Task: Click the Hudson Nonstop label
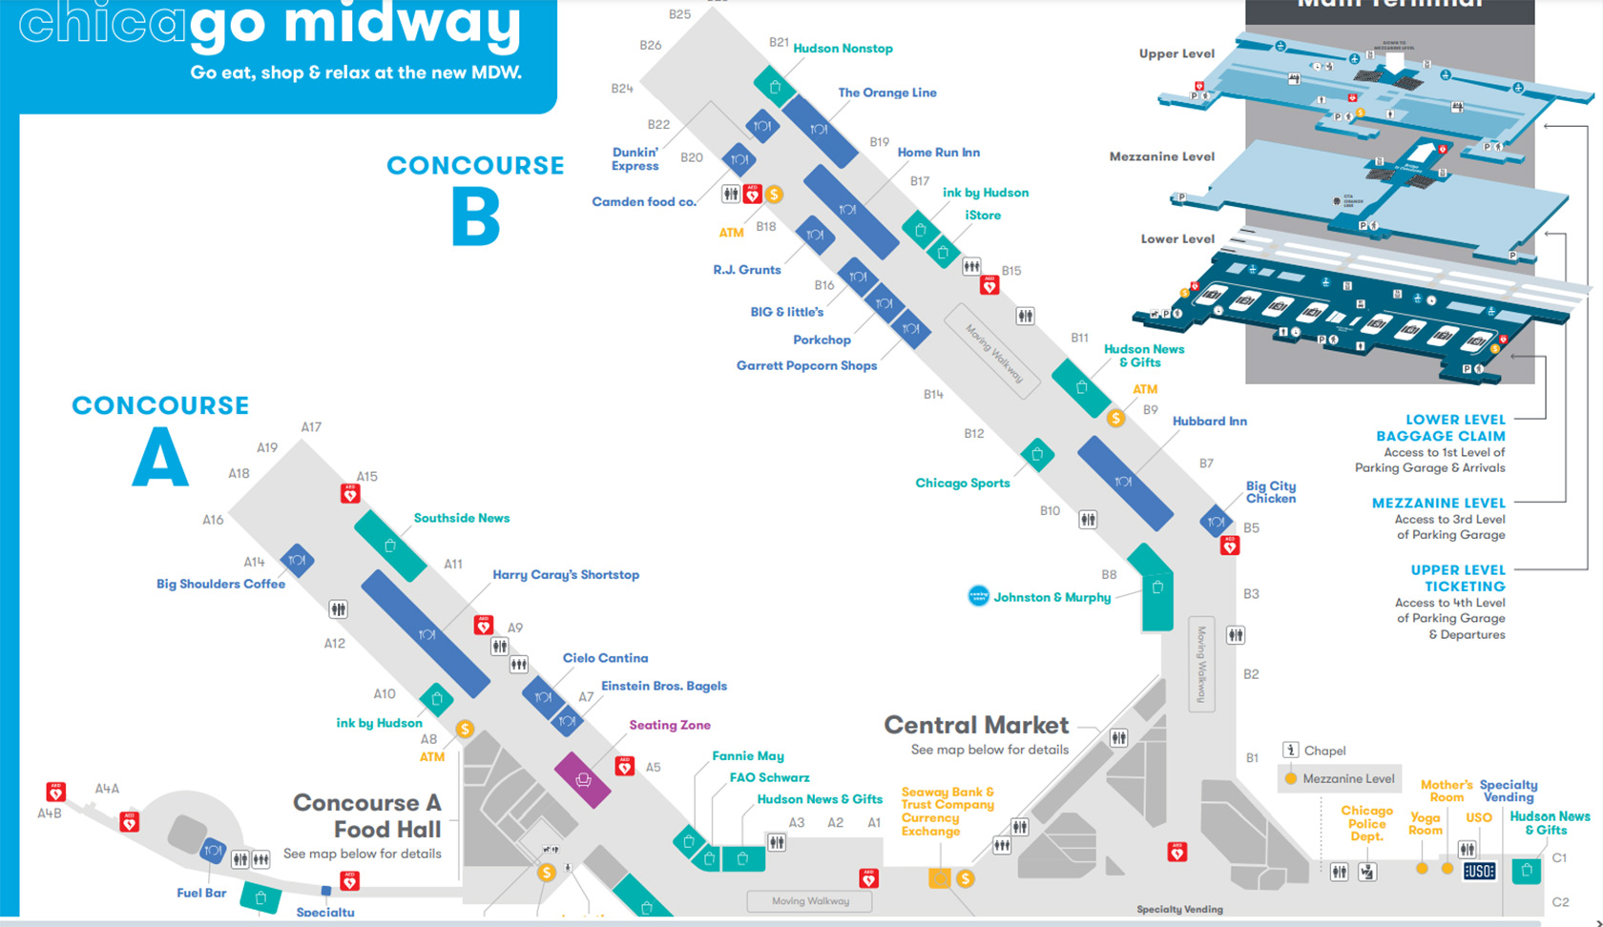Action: point(843,49)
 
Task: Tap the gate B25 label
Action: point(679,14)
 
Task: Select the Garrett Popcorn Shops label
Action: point(806,365)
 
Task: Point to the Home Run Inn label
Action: point(938,153)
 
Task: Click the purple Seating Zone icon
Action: point(583,780)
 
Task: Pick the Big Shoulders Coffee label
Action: point(220,584)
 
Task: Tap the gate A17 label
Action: point(311,427)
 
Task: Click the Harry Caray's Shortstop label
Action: point(566,575)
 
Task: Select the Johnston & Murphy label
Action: point(1051,597)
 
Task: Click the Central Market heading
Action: point(976,725)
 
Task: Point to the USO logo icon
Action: point(1479,871)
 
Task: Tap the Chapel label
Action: point(1324,751)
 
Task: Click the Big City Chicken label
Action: point(1271,492)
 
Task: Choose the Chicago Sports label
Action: point(962,484)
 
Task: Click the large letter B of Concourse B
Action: point(475,216)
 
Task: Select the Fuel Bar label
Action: point(201,894)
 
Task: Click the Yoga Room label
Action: point(1425,824)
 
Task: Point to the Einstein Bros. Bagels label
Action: point(663,686)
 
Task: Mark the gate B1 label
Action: point(1252,758)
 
